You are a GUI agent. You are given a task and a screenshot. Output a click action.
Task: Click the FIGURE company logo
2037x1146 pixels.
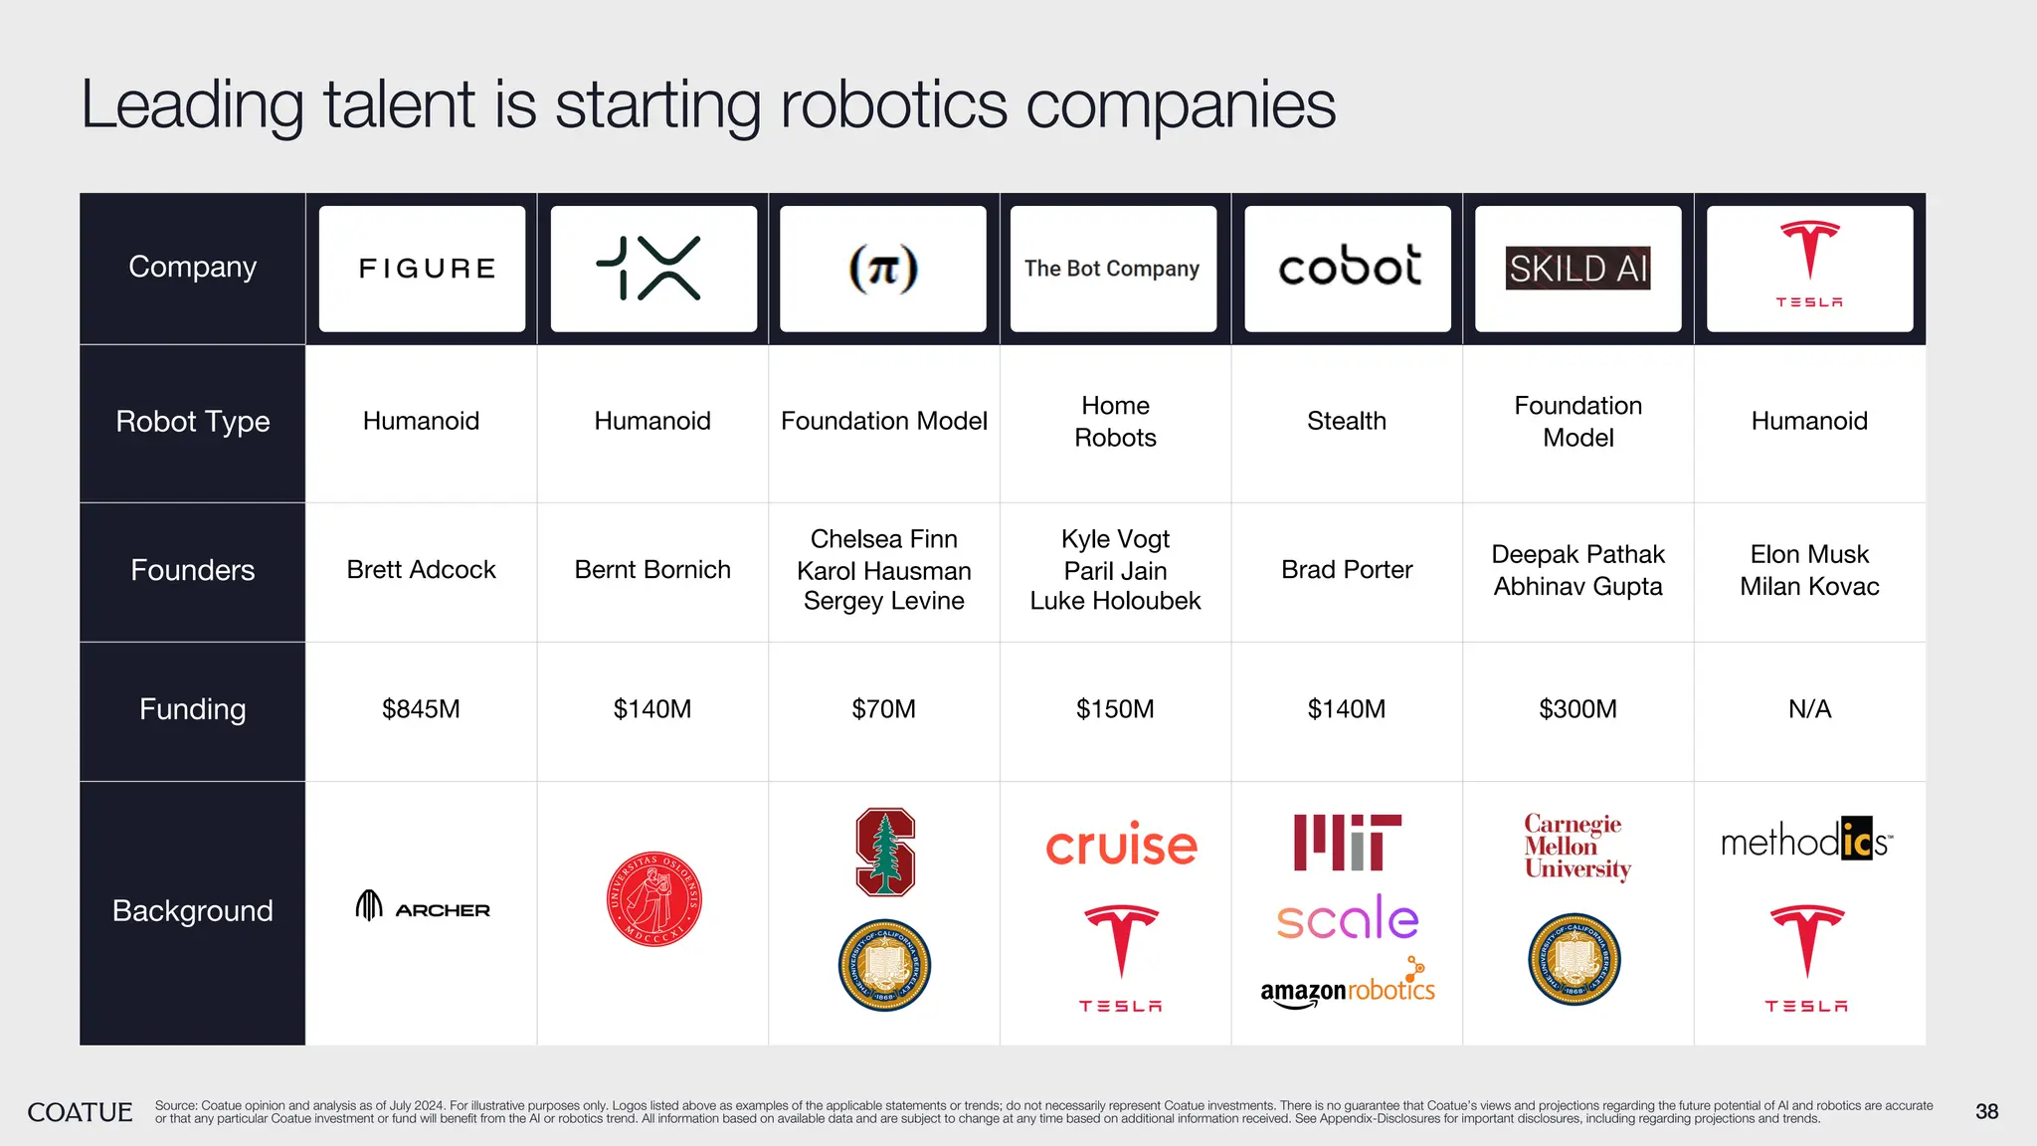click(x=427, y=269)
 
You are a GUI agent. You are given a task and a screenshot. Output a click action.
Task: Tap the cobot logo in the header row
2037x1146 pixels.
click(x=1349, y=267)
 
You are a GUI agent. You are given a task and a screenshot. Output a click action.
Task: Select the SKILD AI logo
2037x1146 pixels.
click(x=1578, y=269)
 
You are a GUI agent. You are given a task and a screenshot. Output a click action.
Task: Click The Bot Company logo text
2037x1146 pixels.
click(x=1112, y=269)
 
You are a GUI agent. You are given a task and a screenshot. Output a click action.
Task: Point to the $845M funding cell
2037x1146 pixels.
click(x=421, y=709)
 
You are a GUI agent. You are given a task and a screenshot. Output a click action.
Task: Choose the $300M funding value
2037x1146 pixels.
click(x=1577, y=709)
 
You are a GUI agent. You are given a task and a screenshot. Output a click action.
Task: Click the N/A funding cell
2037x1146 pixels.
click(x=1809, y=709)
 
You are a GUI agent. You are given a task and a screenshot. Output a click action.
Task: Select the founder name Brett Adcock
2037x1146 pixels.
click(x=421, y=570)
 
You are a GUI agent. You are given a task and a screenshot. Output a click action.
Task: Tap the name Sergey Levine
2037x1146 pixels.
click(x=883, y=601)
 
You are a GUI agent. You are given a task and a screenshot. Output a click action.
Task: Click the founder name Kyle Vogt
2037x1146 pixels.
click(x=1115, y=539)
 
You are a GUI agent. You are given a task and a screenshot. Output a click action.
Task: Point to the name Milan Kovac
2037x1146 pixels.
click(x=1809, y=586)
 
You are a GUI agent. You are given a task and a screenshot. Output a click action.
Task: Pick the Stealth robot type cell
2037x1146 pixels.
click(x=1347, y=421)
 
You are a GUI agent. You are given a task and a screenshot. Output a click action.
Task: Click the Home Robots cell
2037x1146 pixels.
click(x=1115, y=422)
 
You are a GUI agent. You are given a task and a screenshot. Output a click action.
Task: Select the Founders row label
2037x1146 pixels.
click(x=193, y=570)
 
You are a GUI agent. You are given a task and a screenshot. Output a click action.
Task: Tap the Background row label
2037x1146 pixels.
click(x=193, y=911)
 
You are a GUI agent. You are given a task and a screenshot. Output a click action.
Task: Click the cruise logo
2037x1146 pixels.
click(x=1121, y=846)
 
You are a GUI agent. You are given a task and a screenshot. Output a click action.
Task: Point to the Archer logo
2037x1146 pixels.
click(x=423, y=906)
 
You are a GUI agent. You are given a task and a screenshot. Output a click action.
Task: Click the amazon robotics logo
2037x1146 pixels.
click(x=1348, y=988)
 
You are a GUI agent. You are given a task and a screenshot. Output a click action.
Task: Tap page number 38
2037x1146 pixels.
click(x=1986, y=1111)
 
